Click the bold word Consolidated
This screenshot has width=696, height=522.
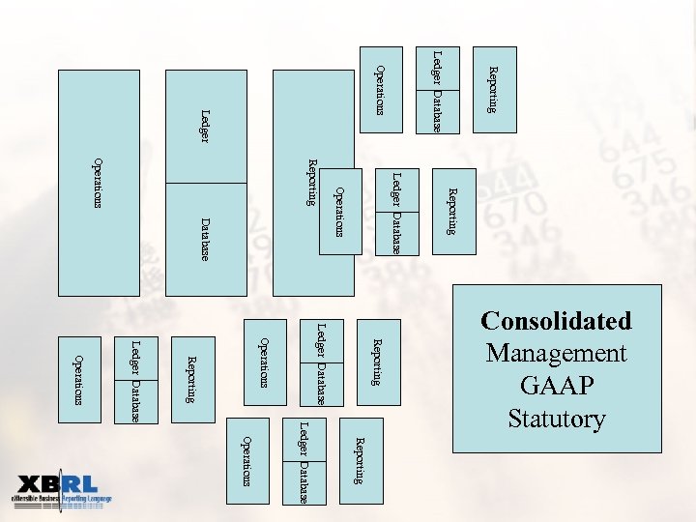557,321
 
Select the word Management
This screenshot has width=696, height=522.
557,354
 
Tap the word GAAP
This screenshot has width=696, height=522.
557,386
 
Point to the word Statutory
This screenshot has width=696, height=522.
557,419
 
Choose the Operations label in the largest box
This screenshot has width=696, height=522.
98,183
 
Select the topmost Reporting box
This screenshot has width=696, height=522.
492,89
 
